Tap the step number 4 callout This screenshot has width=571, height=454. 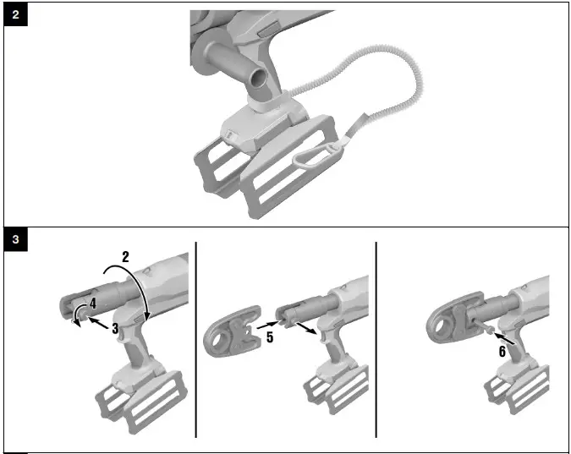93,301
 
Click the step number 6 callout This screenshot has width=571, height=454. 502,347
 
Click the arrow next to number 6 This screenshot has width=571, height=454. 491,334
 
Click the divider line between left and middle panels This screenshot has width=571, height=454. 196,338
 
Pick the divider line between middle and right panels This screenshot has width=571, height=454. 376,338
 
